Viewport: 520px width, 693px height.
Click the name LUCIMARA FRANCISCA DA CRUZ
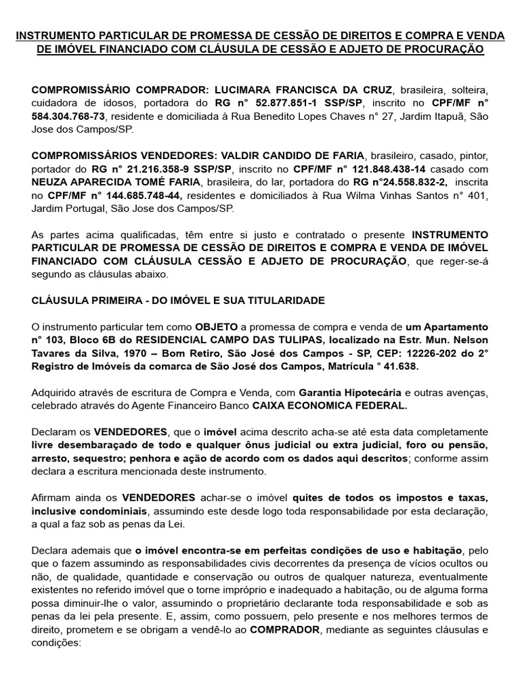pos(294,89)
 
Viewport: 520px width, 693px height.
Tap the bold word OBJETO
pos(216,327)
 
